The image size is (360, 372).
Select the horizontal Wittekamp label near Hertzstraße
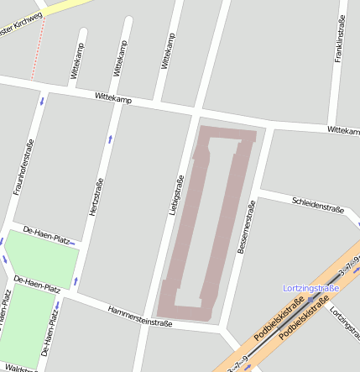pos(113,99)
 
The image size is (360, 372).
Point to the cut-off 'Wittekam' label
pos(343,131)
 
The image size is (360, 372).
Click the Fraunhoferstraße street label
pos(23,168)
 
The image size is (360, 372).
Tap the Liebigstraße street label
pos(176,195)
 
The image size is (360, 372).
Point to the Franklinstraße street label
pos(339,34)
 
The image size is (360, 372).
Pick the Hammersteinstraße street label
pos(139,316)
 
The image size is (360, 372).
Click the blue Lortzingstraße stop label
pos(310,288)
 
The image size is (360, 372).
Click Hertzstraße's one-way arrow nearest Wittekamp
pos(109,136)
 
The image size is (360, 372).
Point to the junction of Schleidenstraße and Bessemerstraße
pos(259,192)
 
